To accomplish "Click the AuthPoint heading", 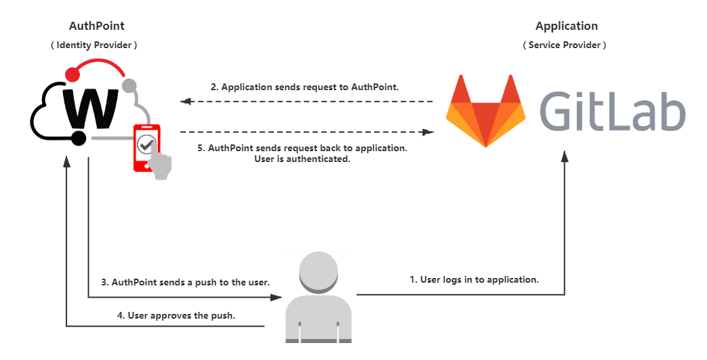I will pos(96,26).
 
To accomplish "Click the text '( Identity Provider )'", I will pos(96,45).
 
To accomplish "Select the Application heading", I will pos(566,26).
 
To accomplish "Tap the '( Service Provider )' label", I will pos(565,45).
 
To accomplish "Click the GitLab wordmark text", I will pos(612,112).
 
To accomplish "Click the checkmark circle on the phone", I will pos(146,144).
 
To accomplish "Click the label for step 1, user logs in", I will pos(474,279).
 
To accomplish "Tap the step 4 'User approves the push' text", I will pos(181,315).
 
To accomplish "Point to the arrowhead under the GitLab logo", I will pos(565,157).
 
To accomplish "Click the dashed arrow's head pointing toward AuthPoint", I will pos(185,101).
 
